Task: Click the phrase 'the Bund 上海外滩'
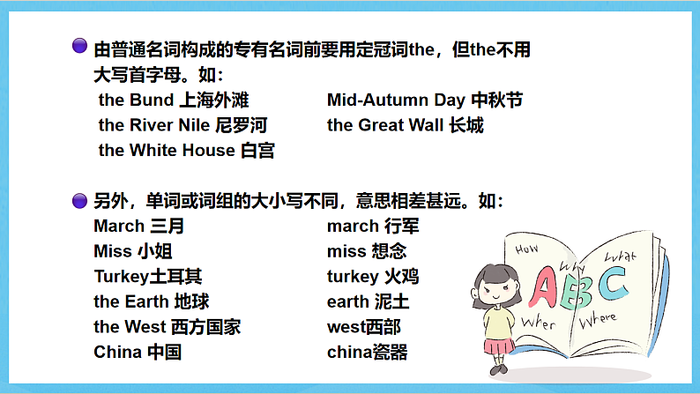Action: point(174,100)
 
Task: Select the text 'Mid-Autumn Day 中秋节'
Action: point(424,100)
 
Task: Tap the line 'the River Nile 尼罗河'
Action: point(182,125)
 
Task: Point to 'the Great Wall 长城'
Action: point(405,125)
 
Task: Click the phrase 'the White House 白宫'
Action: point(186,151)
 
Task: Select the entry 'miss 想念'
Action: point(367,252)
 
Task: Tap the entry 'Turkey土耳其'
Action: point(147,277)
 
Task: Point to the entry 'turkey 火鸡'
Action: point(373,277)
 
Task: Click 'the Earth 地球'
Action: point(152,302)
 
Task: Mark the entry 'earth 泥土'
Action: point(368,302)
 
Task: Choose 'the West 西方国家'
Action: point(167,327)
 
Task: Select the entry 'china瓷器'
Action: point(367,353)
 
